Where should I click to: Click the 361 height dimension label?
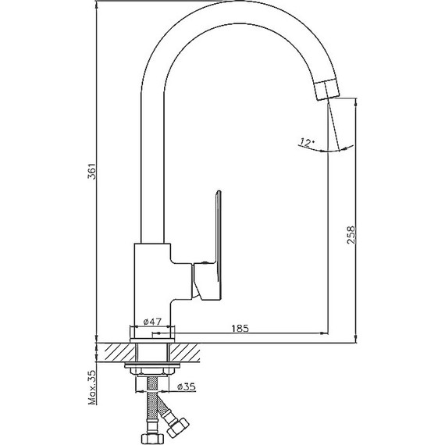(x=92, y=171)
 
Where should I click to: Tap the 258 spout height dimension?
(x=351, y=234)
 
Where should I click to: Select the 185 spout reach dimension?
(x=240, y=329)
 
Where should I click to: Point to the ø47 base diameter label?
(x=152, y=322)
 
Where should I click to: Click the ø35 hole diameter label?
(x=187, y=386)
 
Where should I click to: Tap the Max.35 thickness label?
(x=92, y=387)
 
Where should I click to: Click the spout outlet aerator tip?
(x=327, y=90)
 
